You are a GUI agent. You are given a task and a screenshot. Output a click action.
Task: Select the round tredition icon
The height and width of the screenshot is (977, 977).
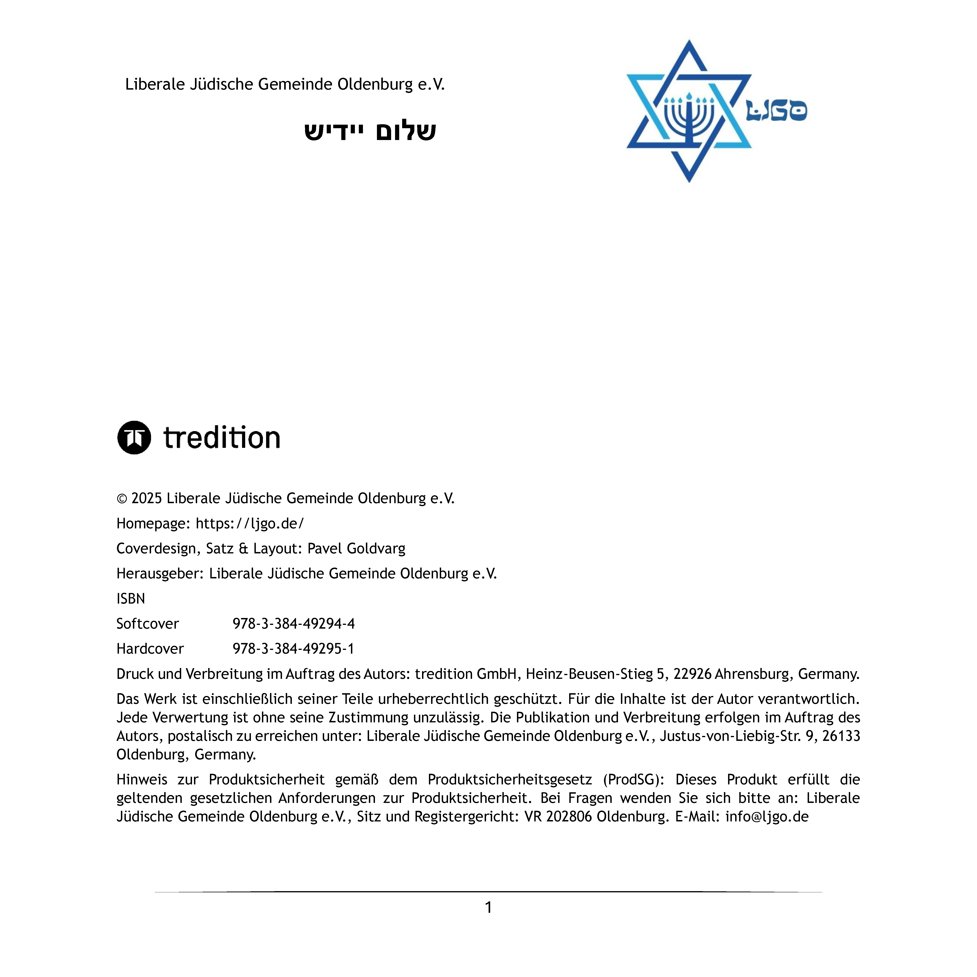(134, 437)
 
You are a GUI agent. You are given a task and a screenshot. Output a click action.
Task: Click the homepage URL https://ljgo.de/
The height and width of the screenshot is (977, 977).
(250, 523)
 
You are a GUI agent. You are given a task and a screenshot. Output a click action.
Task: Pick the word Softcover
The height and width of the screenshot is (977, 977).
(148, 623)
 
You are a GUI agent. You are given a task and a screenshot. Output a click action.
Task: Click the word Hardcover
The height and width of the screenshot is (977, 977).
(150, 649)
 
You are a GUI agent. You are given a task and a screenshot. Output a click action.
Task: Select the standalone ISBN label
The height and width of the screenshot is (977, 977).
(130, 599)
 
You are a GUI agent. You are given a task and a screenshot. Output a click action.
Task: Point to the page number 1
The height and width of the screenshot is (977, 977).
(488, 908)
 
